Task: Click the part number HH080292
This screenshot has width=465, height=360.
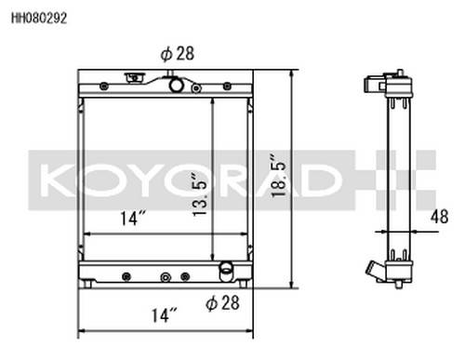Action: tap(39, 18)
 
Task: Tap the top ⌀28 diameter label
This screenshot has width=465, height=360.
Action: tap(178, 54)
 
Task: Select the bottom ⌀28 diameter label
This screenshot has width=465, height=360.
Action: tap(222, 303)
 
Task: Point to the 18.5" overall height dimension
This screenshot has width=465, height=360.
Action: tap(278, 176)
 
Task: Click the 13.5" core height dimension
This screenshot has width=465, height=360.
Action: tap(200, 194)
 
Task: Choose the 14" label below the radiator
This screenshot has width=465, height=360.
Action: tap(164, 315)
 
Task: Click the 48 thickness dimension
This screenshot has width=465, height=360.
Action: tap(439, 217)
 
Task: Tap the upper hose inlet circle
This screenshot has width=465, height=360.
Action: tap(176, 85)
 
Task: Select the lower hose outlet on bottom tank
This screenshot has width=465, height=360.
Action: tap(226, 270)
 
